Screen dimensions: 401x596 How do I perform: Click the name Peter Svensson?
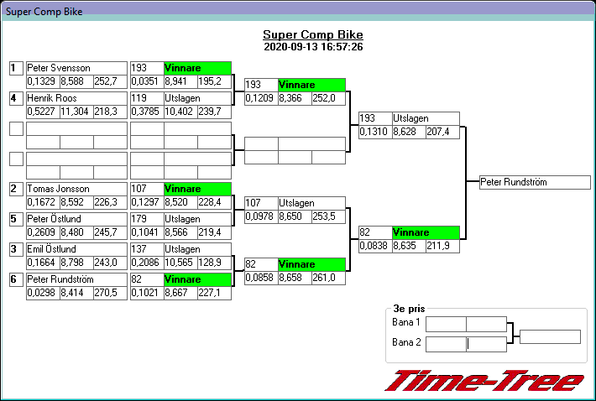click(x=58, y=68)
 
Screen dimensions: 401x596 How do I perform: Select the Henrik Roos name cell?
click(x=52, y=98)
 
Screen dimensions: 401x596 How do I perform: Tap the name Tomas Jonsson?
click(x=58, y=189)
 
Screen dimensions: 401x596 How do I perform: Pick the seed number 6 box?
click(x=15, y=279)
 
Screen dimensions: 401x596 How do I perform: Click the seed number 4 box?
click(x=15, y=98)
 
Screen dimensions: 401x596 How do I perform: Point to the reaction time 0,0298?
click(x=42, y=293)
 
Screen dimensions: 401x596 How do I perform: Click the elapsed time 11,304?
click(x=76, y=112)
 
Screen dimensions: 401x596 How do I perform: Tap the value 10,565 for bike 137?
click(x=180, y=263)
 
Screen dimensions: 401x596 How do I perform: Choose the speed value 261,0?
click(x=327, y=278)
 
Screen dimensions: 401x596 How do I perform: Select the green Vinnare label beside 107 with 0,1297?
click(x=196, y=189)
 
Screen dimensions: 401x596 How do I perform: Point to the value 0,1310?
click(x=374, y=132)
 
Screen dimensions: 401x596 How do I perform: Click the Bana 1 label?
click(x=406, y=323)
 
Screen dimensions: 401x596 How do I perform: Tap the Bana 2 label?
click(x=406, y=342)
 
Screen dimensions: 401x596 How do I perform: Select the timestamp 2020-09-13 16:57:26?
click(x=313, y=47)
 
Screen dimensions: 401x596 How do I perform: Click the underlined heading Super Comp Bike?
click(x=313, y=34)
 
